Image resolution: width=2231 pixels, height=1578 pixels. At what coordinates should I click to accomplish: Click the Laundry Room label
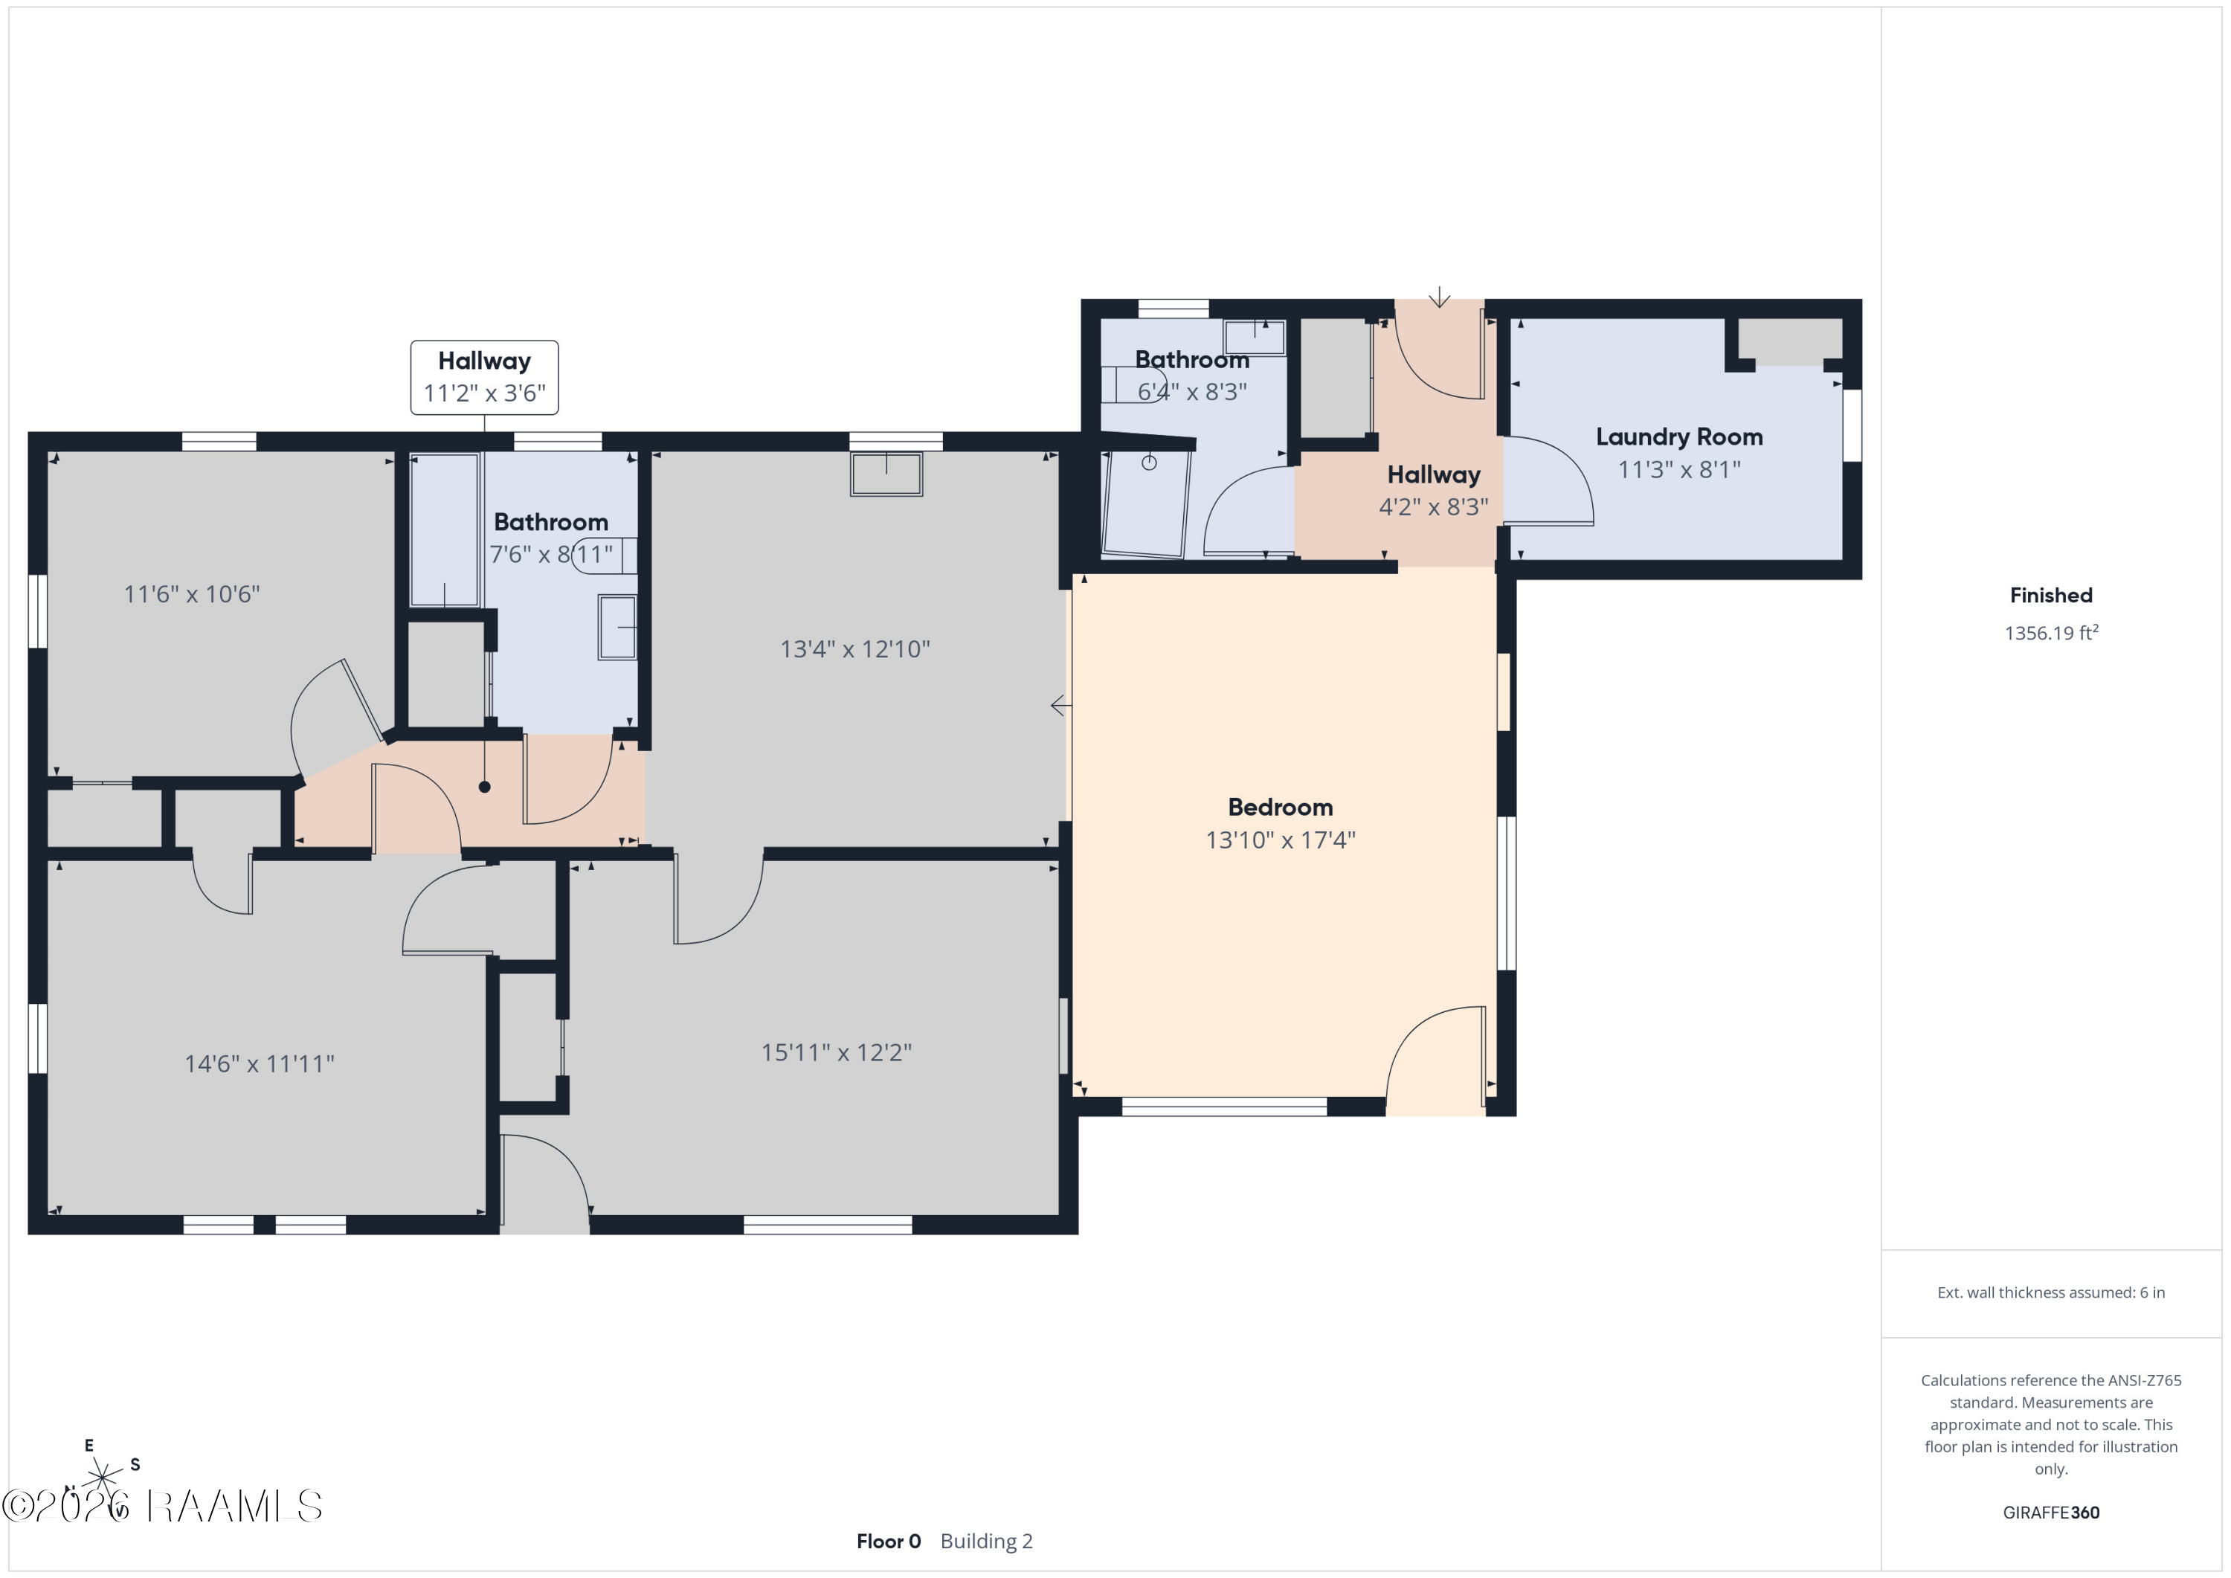pos(1679,437)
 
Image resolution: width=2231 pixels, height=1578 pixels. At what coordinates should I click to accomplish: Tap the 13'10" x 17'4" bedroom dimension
pos(1281,840)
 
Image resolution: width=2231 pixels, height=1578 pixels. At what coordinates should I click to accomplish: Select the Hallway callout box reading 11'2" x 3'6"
pos(484,377)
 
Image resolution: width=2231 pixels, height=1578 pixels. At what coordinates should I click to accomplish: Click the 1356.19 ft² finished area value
pos(2051,633)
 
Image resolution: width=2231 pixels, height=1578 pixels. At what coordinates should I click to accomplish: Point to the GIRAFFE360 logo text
pos(2051,1512)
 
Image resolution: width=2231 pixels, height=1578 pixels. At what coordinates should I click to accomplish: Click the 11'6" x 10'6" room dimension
pos(191,593)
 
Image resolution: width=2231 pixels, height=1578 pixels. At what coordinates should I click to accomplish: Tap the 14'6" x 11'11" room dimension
pos(260,1064)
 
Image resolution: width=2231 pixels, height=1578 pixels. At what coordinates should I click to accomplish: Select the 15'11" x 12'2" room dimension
pos(836,1052)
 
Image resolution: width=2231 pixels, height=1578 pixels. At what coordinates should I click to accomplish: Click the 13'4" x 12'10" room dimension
pos(855,649)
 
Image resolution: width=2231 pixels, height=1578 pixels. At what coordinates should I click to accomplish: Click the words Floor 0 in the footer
pos(888,1541)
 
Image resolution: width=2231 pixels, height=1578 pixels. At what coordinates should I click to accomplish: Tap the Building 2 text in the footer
pos(986,1541)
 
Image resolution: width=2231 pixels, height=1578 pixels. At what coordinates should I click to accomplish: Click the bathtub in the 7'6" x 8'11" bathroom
pos(445,530)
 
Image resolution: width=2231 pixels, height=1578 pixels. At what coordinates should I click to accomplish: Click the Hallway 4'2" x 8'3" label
pos(1433,491)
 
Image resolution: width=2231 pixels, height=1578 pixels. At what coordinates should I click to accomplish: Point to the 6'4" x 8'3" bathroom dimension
pos(1192,392)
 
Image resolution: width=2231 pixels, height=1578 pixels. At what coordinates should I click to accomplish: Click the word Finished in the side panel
pos(2051,596)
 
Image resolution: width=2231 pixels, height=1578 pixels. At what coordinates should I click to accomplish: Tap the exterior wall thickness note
pos(2051,1292)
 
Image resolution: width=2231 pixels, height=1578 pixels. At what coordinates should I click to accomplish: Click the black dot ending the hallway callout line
pos(484,787)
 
